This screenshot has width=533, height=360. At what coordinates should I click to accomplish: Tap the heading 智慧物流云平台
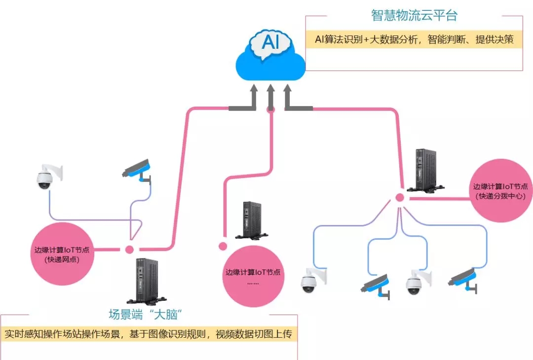414,15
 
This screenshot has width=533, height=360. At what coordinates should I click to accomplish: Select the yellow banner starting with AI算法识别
414,39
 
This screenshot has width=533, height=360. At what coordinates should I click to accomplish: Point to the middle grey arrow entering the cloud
270,99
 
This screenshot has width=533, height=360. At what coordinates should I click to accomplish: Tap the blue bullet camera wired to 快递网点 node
137,169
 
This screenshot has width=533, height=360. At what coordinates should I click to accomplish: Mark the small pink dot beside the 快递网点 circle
129,250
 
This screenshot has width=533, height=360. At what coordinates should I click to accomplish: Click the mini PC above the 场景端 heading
146,280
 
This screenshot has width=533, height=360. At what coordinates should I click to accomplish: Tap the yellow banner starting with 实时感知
148,334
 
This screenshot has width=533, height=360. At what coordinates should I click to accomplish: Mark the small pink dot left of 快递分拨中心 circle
400,198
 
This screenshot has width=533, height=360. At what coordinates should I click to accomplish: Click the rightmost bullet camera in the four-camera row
463,280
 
